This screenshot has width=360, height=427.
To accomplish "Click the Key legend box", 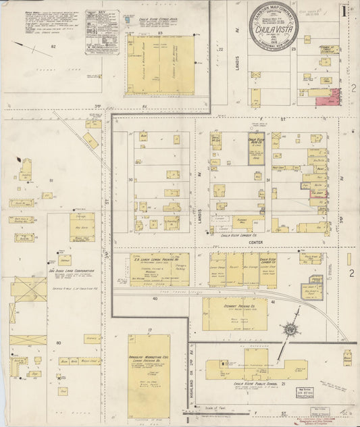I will pyautogui.click(x=103, y=31).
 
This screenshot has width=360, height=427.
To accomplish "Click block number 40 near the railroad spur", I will pyautogui.click(x=155, y=298).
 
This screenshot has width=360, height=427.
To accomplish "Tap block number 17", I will pyautogui.click(x=149, y=330).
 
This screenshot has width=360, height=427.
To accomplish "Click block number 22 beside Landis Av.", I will pyautogui.click(x=220, y=49).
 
